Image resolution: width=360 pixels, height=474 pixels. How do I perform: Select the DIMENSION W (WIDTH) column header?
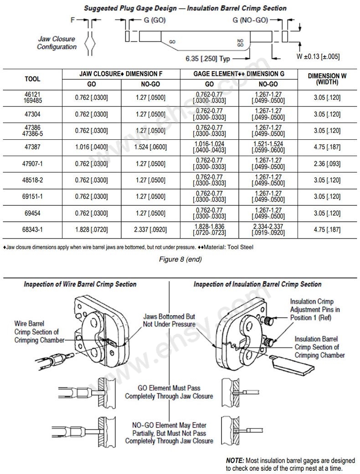pos(327,78)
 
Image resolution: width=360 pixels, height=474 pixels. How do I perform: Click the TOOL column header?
pos(32,79)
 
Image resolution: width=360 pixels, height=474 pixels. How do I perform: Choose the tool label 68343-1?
pos(32,229)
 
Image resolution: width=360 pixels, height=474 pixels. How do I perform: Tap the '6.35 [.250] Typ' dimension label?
pos(207,59)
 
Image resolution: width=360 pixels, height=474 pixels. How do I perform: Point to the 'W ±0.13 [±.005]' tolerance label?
pos(318,56)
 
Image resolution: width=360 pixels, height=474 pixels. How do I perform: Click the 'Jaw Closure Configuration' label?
pos(57,43)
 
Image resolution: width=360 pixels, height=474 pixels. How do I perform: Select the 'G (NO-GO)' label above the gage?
pos(250,20)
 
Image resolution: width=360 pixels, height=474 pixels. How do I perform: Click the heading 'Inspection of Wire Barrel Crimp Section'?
pos(80,284)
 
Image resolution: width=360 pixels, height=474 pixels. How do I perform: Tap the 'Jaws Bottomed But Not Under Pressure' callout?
pos(169,320)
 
